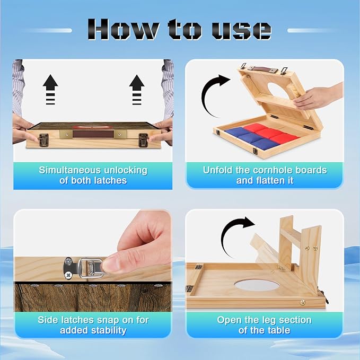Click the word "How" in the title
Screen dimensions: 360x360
pyautogui.click(x=123, y=29)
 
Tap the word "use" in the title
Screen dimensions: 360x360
pyautogui.click(x=242, y=30)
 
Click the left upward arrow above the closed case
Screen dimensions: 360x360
pyautogui.click(x=50, y=90)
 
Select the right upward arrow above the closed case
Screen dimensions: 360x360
pyautogui.click(x=137, y=90)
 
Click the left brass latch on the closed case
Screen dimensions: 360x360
pyautogui.click(x=43, y=141)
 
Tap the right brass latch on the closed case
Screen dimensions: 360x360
pyautogui.click(x=143, y=141)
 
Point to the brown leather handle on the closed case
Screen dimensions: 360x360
pyautogui.click(x=93, y=134)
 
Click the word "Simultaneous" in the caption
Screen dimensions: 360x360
pyautogui.click(x=69, y=170)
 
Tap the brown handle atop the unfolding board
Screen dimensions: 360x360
pyautogui.click(x=262, y=68)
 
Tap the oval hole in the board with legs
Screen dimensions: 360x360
pyautogui.click(x=257, y=285)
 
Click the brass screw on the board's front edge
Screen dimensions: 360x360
pyautogui.click(x=303, y=302)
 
